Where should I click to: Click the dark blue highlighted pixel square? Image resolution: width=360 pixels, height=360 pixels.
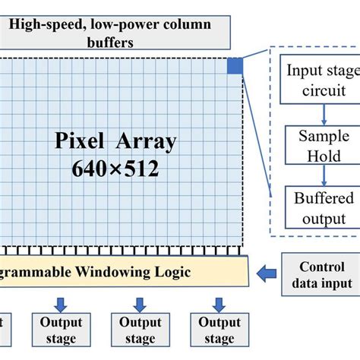coord(234,67)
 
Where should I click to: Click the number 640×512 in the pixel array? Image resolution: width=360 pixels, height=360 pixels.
coord(115,169)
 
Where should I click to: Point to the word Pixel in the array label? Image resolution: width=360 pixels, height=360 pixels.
coord(82,141)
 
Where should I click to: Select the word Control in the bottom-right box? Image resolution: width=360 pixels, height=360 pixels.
coord(321,267)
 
